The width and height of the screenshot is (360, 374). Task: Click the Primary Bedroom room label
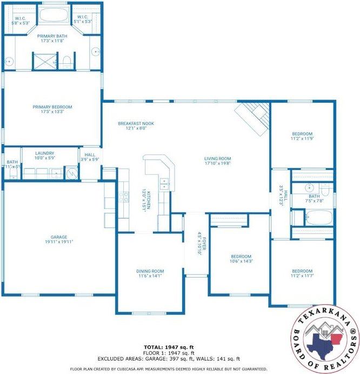coord(52,109)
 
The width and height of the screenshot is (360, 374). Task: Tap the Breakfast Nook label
coord(136,126)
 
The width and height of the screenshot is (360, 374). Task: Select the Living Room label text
coord(217,161)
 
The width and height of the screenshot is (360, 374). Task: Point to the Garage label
coord(59,239)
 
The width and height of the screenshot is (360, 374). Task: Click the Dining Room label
coord(150,274)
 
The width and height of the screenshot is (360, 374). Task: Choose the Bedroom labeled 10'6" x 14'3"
coord(241,259)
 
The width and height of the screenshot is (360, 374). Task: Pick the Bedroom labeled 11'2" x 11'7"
coord(302,273)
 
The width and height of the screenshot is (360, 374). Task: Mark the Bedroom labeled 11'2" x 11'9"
coord(302,136)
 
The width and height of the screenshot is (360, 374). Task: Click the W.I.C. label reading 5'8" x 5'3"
coord(21,20)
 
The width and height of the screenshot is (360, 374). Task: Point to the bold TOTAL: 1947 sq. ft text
coord(168,347)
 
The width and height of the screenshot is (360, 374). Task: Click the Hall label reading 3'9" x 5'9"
coord(90,157)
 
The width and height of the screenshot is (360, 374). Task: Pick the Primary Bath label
coord(52,38)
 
